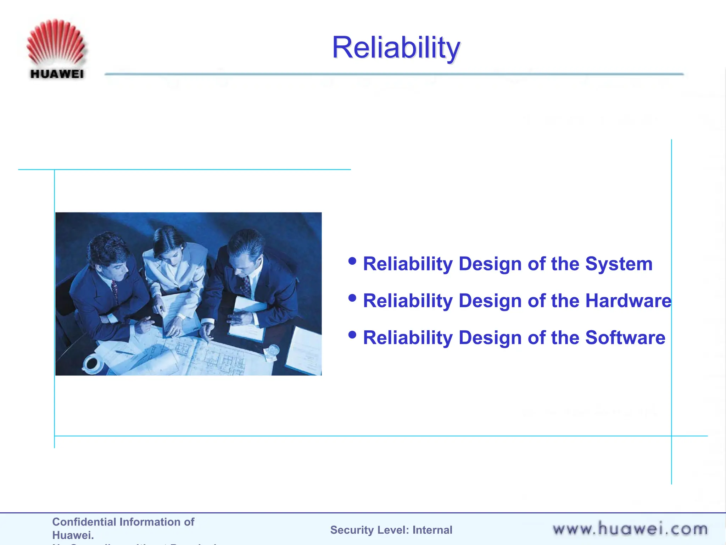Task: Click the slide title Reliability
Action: pyautogui.click(x=396, y=48)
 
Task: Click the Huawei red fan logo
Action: pyautogui.click(x=56, y=42)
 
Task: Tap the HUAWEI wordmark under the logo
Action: pyautogui.click(x=57, y=74)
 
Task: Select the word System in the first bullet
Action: pyautogui.click(x=619, y=264)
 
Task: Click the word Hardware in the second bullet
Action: pyautogui.click(x=628, y=301)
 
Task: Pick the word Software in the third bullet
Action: pyautogui.click(x=625, y=338)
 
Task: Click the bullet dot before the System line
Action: pyautogui.click(x=352, y=261)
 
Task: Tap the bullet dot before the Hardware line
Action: pyautogui.click(x=352, y=298)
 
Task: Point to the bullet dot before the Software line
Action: pyautogui.click(x=352, y=335)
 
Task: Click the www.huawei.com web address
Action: pyautogui.click(x=630, y=529)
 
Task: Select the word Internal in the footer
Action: pyautogui.click(x=432, y=530)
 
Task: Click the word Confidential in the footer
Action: pyautogui.click(x=84, y=522)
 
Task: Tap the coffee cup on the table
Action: pyautogui.click(x=92, y=363)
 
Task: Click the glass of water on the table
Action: pyautogui.click(x=273, y=351)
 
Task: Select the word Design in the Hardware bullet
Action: pyautogui.click(x=491, y=301)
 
